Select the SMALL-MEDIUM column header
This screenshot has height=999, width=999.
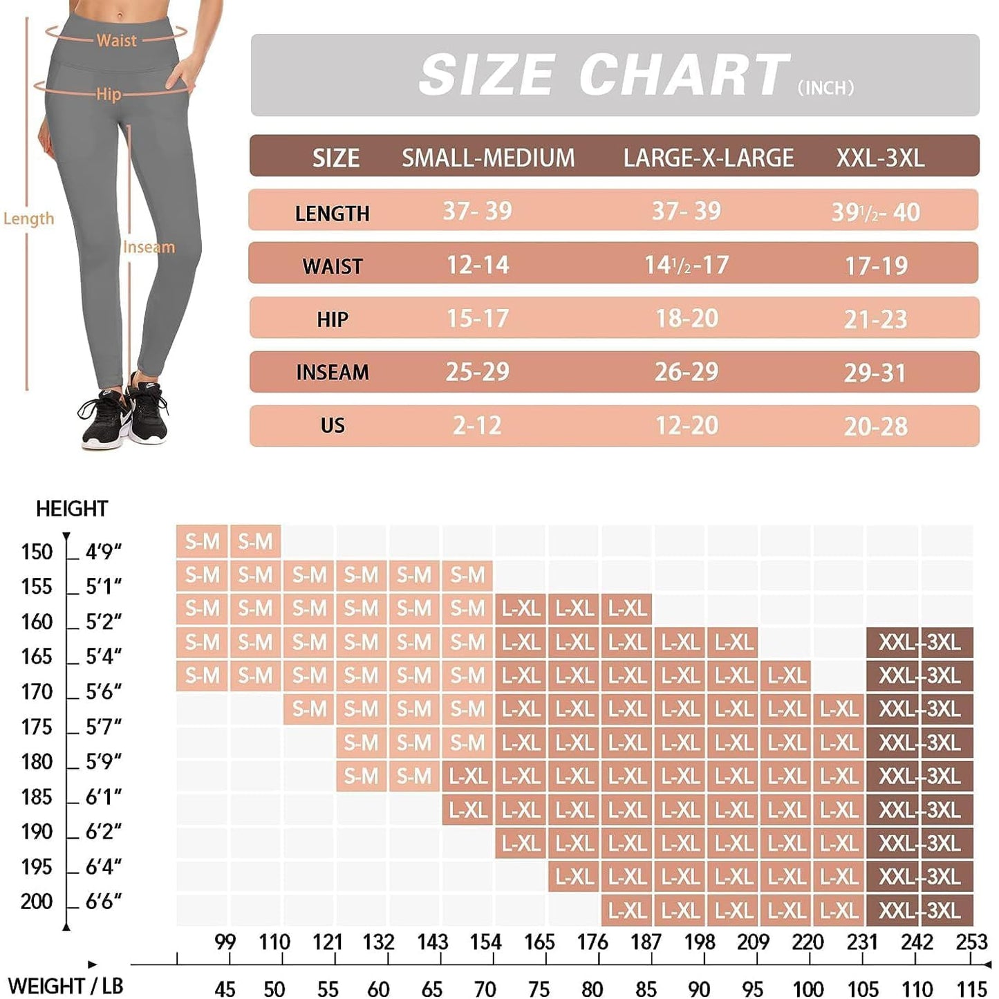coord(488,158)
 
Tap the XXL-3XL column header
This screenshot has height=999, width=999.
coord(879,158)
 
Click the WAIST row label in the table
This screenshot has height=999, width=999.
coord(332,266)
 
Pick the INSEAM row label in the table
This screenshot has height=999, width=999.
coord(332,373)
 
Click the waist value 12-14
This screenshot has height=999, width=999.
coord(478,265)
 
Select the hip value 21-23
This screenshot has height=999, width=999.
coord(875,319)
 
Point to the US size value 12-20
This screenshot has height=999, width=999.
coord(687,425)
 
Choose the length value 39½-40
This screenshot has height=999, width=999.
coord(875,212)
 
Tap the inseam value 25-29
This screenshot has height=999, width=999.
coord(477,372)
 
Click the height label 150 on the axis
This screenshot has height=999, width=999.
coord(37,552)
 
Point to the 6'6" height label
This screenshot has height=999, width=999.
coord(103,902)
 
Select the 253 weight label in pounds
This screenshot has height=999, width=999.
coord(971,942)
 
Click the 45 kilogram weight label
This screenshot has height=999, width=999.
coord(225,989)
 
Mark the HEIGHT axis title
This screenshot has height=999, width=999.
coord(72,509)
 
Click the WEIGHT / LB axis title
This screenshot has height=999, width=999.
coord(65,986)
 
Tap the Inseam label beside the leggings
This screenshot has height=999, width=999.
coord(149,247)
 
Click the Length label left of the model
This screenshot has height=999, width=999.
coord(28,218)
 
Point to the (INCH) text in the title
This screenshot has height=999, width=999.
coord(825,88)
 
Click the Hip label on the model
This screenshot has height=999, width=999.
coord(109,94)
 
